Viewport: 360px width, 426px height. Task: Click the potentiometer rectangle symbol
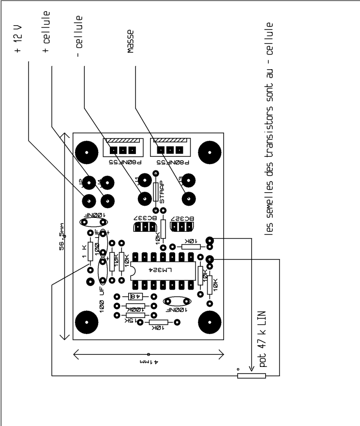pyautogui.click(x=252, y=375)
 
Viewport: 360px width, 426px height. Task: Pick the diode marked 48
pyautogui.click(x=134, y=296)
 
